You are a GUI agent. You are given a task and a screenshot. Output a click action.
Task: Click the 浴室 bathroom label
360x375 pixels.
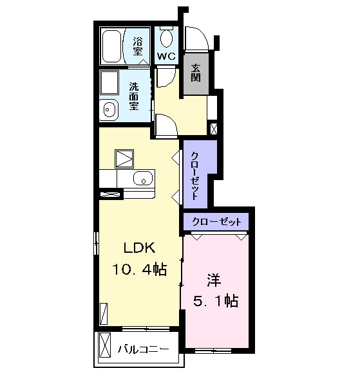coord(138,47)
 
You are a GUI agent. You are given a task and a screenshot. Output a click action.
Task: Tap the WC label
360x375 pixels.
coord(166,57)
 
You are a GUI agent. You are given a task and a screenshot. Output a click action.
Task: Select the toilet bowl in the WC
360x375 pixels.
coord(166,38)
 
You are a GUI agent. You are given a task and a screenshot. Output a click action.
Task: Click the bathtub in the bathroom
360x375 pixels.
coord(111,46)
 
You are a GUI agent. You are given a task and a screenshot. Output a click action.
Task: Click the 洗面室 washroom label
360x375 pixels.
coord(134,96)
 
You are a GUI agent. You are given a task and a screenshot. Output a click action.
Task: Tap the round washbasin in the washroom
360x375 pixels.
coord(109,110)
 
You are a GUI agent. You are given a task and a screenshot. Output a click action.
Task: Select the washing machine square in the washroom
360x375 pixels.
coord(109,83)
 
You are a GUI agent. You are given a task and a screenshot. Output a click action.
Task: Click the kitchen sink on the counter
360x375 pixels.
coord(142,179)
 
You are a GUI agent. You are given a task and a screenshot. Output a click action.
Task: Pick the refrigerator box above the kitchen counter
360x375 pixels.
coord(124,159)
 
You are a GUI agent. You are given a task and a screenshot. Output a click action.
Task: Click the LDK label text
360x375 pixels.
coord(139,248)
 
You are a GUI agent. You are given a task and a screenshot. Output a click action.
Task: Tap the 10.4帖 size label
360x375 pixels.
coord(139,269)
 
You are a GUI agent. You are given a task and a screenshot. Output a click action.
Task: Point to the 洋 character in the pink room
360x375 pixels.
coord(214,280)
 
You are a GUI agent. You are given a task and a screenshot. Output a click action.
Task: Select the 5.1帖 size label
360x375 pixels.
coord(216,301)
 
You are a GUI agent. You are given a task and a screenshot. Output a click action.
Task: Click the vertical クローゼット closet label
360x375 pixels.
coord(194,176)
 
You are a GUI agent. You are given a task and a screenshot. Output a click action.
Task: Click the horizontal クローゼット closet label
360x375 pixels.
coord(217,222)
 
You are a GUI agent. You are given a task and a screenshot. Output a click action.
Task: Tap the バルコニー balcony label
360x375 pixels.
coord(143,350)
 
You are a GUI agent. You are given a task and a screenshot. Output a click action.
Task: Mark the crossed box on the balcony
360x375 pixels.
coord(105,345)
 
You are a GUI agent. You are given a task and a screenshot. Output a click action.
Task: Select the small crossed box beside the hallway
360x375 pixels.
coord(214,129)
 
